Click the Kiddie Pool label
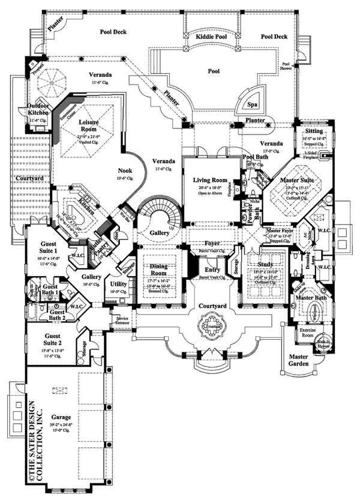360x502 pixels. coord(211,37)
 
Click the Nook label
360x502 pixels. coord(125,171)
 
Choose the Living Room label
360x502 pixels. coord(210,180)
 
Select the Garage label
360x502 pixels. coord(62,416)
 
